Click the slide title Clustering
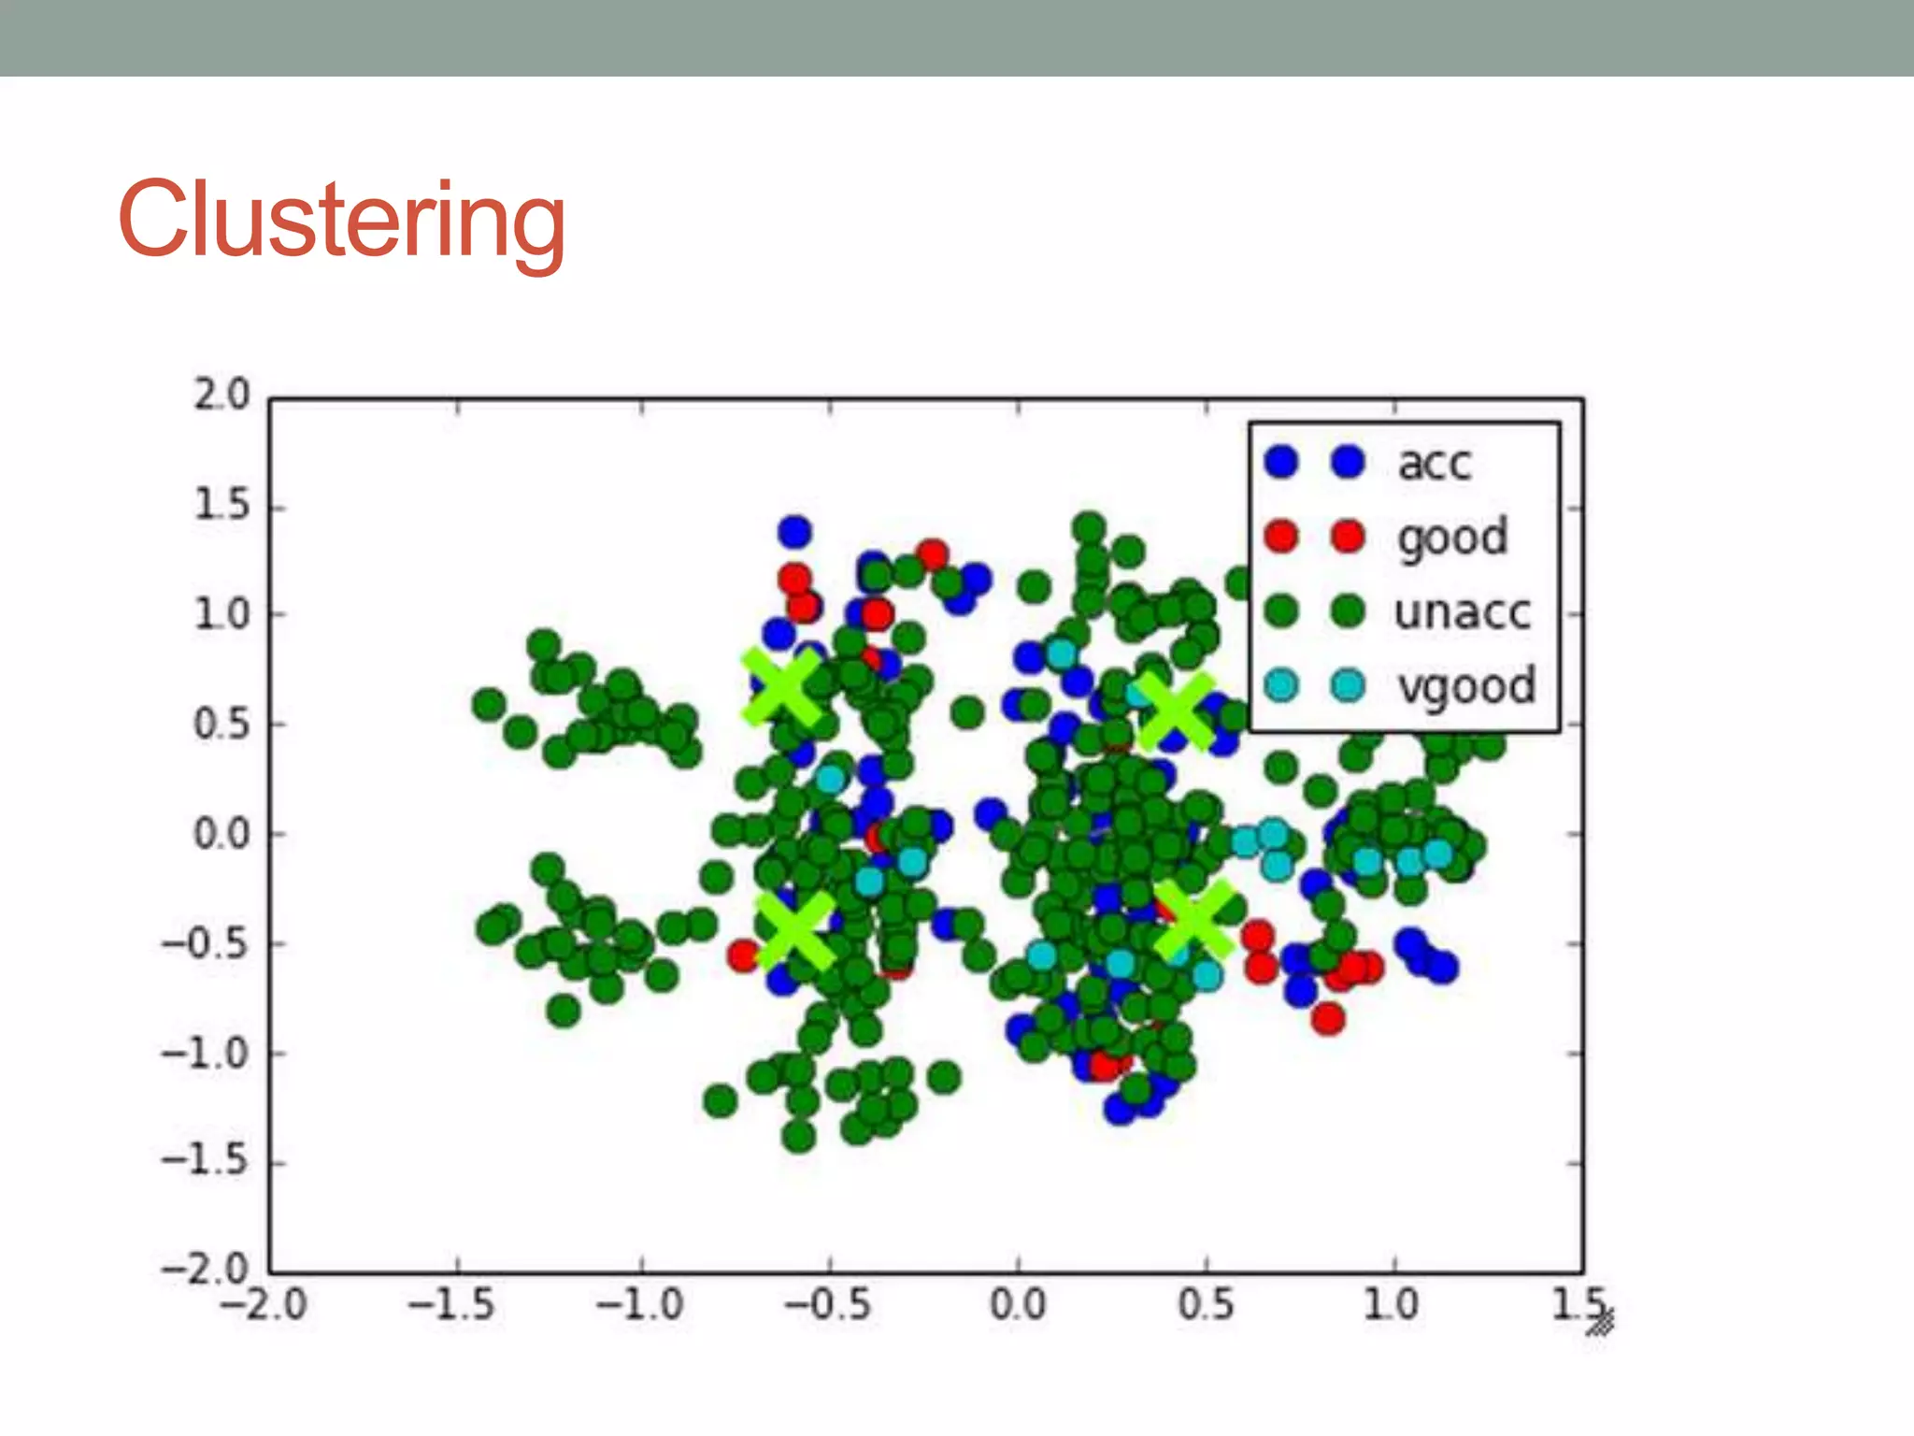[x=342, y=221]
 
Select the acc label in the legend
[x=1434, y=463]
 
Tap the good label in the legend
[x=1451, y=538]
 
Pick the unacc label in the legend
[x=1462, y=612]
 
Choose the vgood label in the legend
[x=1465, y=686]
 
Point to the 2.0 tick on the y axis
[x=221, y=395]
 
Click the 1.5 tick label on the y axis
[x=221, y=506]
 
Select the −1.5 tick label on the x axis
[x=451, y=1304]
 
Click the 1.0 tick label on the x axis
[x=1391, y=1304]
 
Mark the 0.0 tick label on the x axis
[x=1018, y=1304]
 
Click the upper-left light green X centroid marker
[x=781, y=688]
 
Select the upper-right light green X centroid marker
[x=1177, y=711]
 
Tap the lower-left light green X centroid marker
[x=794, y=929]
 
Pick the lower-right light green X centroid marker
[x=1193, y=920]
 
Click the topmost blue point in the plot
[x=794, y=532]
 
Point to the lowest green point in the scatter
[x=798, y=1137]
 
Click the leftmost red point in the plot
[x=744, y=955]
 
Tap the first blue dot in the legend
[x=1281, y=462]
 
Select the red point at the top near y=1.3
[x=932, y=555]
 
